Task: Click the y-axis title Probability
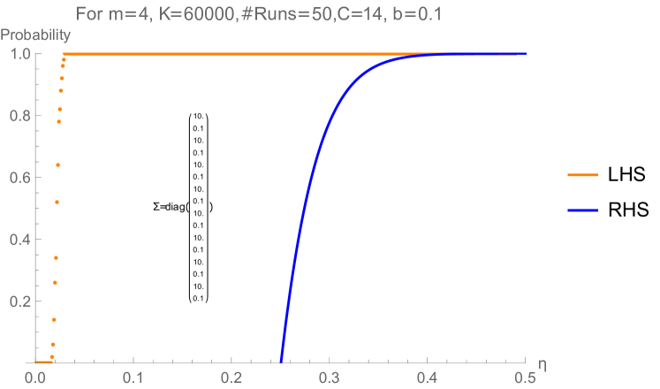[x=35, y=37]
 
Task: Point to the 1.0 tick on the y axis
[x=21, y=55]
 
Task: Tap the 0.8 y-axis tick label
[x=21, y=117]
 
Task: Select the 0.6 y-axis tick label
[x=21, y=179]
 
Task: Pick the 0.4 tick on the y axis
[x=21, y=240]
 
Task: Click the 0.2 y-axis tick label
[x=21, y=301]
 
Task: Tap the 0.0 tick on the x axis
[x=35, y=377]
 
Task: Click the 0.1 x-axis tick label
[x=133, y=377]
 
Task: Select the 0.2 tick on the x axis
[x=231, y=377]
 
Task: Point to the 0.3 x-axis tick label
[x=330, y=377]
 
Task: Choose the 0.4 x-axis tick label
[x=428, y=377]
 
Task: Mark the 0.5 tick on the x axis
[x=525, y=377]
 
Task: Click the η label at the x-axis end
[x=541, y=364]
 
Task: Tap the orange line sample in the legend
[x=582, y=175]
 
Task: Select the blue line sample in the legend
[x=582, y=210]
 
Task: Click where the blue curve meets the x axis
[x=281, y=361]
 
